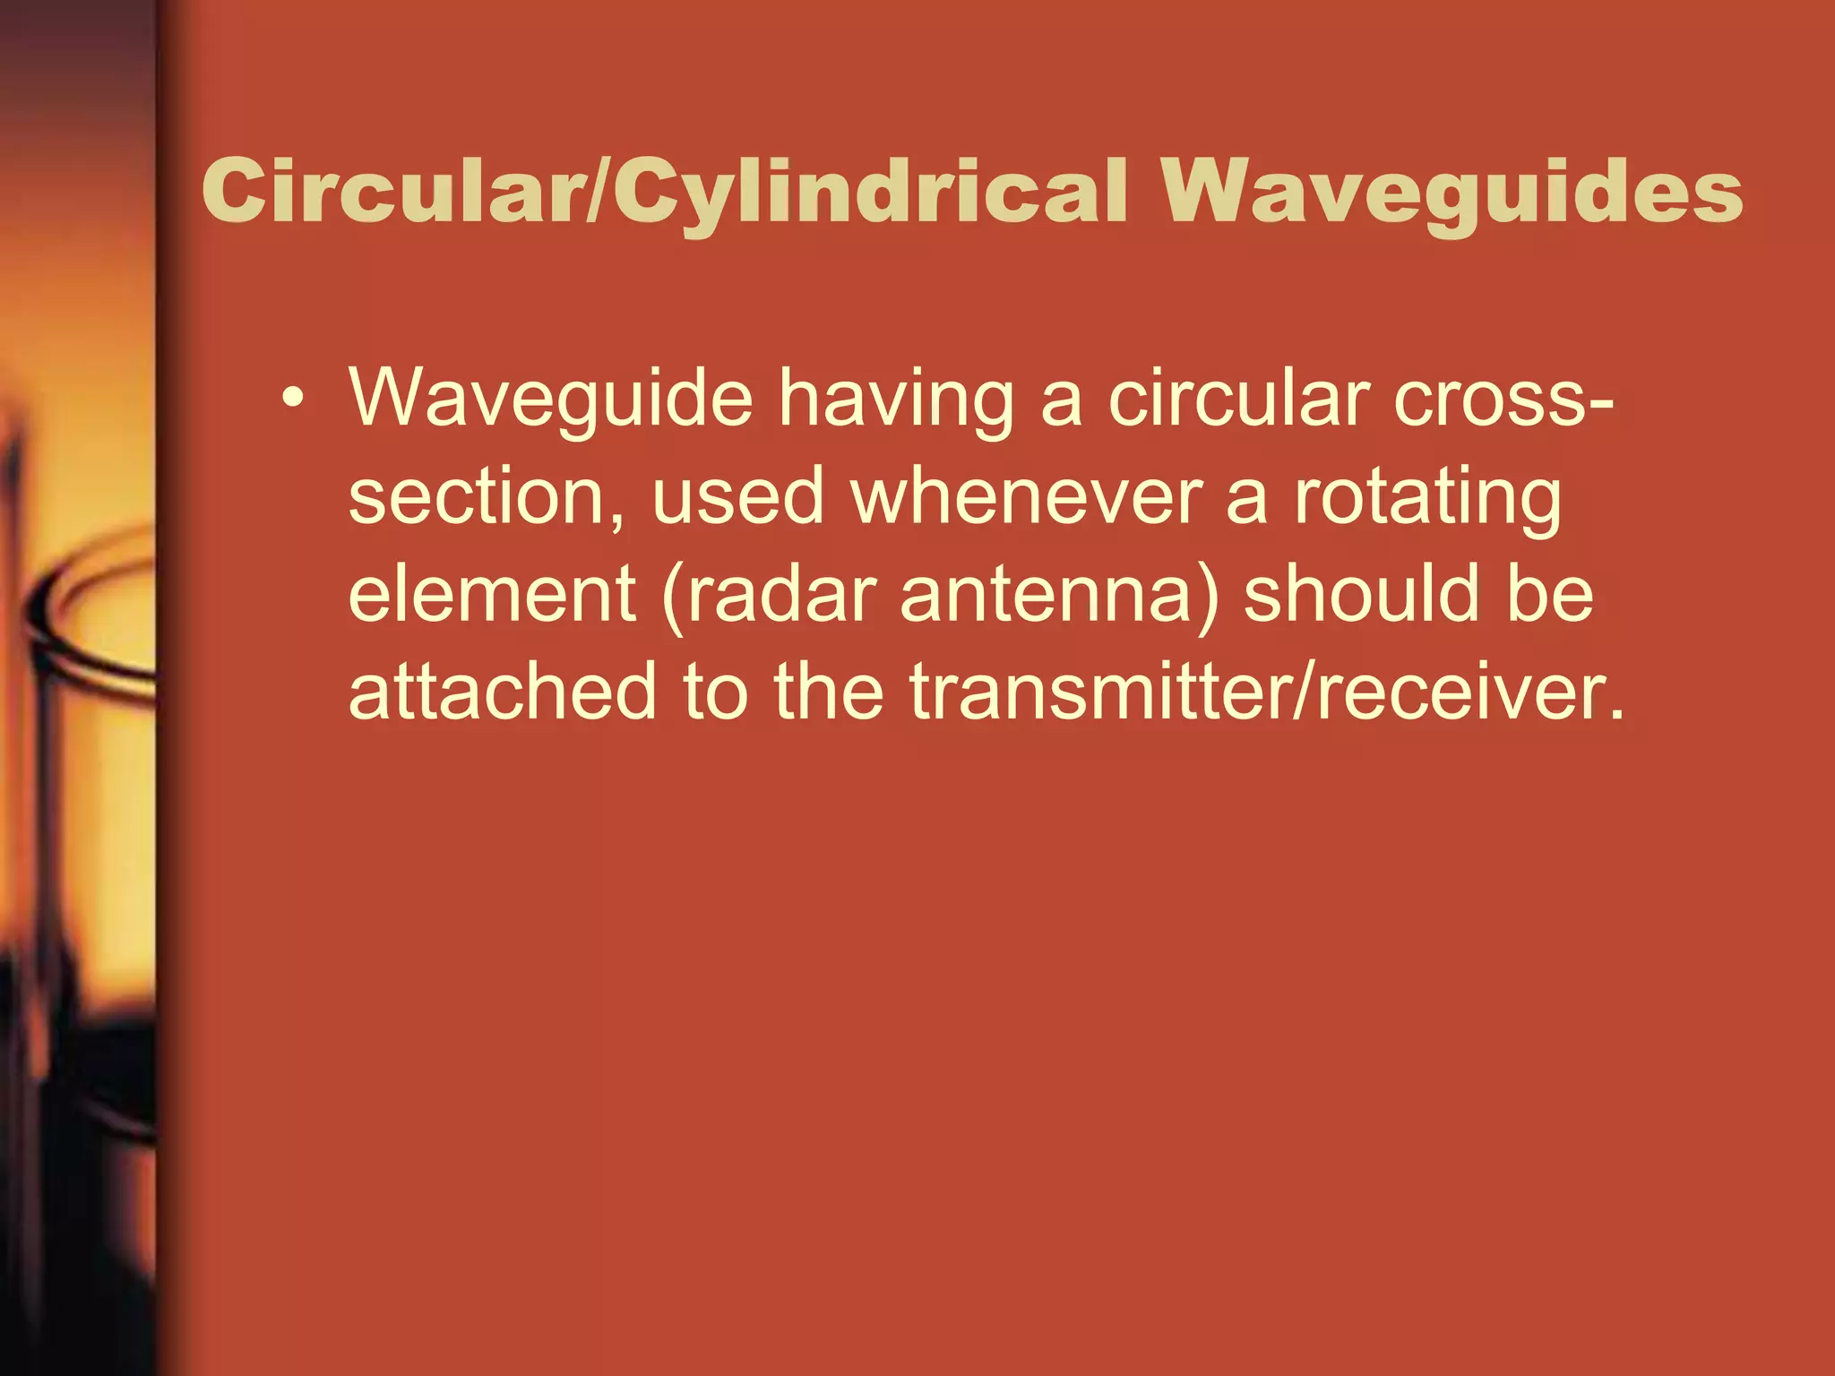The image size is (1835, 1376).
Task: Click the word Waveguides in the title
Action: (1452, 193)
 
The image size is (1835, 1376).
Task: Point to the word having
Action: (895, 400)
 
